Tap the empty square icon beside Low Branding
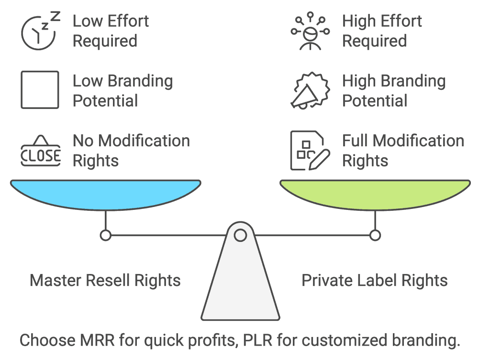tap(40, 90)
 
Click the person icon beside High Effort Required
tap(309, 32)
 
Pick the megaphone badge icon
tap(309, 91)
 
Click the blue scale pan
tap(105, 193)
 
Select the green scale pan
tap(375, 193)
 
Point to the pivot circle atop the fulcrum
tap(240, 235)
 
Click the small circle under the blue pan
tap(105, 235)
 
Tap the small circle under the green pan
tap(375, 235)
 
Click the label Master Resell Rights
tap(105, 280)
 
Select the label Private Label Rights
tap(375, 280)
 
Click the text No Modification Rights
tap(131, 151)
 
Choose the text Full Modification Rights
tap(403, 151)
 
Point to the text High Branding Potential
tap(393, 91)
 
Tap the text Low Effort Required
tap(111, 31)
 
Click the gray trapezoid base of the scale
tap(240, 287)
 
